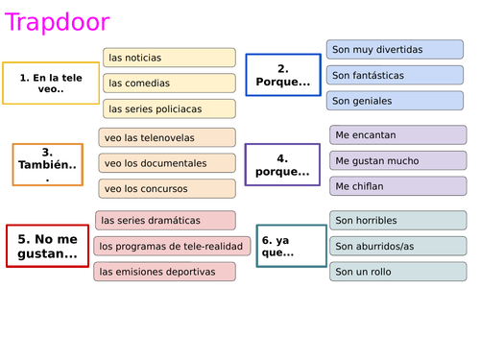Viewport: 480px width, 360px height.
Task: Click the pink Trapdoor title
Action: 57,22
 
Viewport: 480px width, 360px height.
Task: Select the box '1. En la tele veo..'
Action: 51,83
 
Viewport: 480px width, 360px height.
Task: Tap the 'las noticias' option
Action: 169,58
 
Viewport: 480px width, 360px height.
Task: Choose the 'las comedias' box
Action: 169,84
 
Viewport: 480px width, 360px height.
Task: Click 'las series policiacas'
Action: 169,108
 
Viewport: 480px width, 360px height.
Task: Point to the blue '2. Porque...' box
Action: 282,75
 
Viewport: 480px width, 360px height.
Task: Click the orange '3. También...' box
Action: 47,164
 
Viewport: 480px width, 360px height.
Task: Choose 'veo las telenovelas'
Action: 167,137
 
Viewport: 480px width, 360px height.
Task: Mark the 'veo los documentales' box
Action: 167,163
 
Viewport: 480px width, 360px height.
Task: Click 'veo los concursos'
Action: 167,188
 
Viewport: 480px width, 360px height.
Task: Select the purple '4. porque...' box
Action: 282,164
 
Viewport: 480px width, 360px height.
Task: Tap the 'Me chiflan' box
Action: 397,185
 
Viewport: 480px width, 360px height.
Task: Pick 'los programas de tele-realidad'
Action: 172,246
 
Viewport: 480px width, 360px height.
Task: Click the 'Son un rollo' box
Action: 397,272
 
